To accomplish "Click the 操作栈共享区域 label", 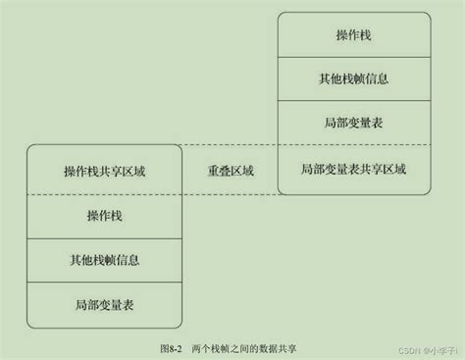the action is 104,170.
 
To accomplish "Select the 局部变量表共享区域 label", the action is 353,170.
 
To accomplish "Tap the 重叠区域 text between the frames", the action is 231,170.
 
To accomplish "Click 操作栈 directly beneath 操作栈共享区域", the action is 104,214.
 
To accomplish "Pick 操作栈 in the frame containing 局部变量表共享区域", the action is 353,35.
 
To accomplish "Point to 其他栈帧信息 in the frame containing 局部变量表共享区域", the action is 353,79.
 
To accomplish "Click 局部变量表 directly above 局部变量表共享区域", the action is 353,124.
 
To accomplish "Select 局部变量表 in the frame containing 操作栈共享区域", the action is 104,304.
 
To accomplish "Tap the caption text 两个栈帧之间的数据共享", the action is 246,347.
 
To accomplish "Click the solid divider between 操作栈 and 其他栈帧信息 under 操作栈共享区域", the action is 104,236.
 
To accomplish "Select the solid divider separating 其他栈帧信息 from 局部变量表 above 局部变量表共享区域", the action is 353,102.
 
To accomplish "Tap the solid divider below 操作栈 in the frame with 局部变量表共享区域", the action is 353,58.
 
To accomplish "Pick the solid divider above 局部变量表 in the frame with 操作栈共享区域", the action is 104,282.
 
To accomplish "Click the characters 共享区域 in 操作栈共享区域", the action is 125,170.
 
